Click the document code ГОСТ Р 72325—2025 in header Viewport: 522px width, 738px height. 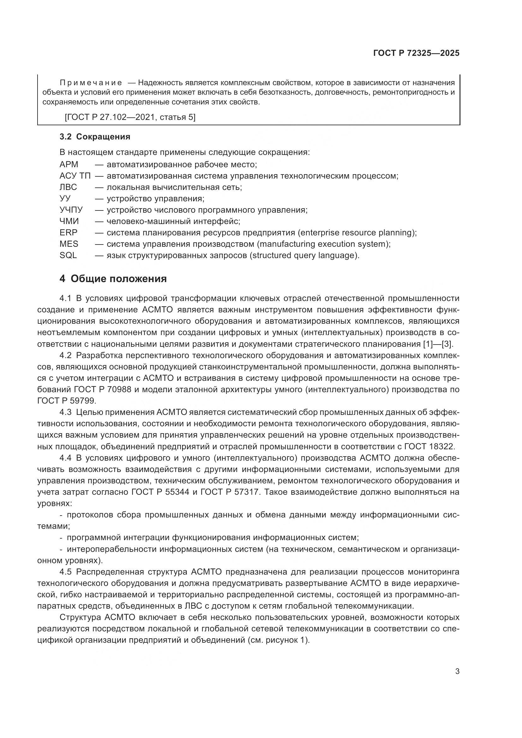pyautogui.click(x=416, y=53)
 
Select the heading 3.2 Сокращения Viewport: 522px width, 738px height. pyautogui.click(x=95, y=137)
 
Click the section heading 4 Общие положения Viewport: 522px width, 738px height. pyautogui.click(x=113, y=279)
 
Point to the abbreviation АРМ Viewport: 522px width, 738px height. pyautogui.click(x=69, y=165)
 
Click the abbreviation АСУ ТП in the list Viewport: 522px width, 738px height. pyautogui.click(x=75, y=176)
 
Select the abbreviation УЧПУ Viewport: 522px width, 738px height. pyautogui.click(x=71, y=210)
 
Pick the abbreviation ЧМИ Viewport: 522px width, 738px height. pyautogui.click(x=69, y=221)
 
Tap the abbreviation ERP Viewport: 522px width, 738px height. pyautogui.click(x=68, y=233)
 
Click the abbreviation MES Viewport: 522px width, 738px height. pyautogui.click(x=69, y=244)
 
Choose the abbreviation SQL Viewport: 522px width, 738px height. pyautogui.click(x=68, y=255)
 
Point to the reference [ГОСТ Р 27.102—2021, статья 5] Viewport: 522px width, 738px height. pyautogui.click(x=130, y=117)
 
